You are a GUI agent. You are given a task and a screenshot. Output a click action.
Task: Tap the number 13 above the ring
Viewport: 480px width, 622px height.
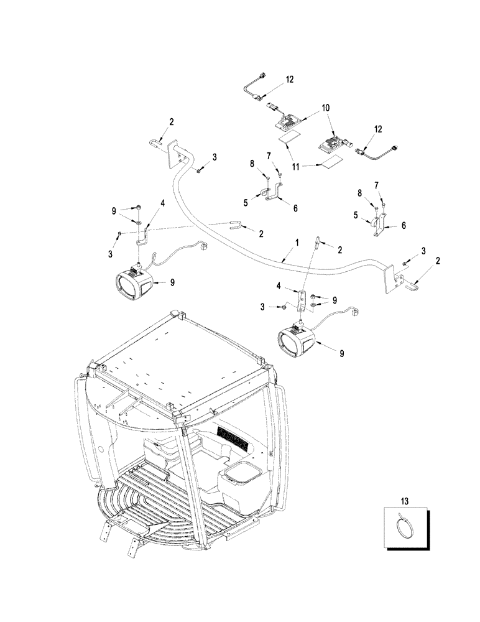coord(405,499)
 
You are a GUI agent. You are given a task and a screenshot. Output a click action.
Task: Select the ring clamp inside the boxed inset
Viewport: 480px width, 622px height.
coord(405,527)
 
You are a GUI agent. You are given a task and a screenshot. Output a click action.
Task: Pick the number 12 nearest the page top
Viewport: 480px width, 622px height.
coord(290,80)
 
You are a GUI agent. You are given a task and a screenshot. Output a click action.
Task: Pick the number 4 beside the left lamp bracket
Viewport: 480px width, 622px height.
coord(162,203)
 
